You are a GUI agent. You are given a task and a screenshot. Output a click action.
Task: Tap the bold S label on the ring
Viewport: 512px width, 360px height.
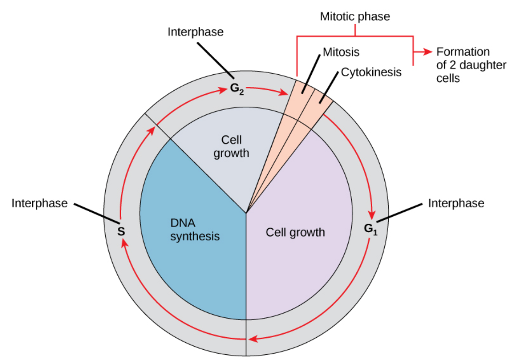click(121, 231)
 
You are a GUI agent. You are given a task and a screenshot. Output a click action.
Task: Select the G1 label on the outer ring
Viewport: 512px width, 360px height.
click(370, 228)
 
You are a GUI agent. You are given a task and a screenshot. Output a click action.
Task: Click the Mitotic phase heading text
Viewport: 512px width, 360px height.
click(355, 17)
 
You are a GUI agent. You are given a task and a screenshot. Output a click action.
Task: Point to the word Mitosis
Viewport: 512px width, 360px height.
click(340, 52)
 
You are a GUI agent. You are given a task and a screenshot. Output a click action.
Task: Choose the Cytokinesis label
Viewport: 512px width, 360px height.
click(371, 72)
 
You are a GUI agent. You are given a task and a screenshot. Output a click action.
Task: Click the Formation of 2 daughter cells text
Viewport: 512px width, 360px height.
click(463, 65)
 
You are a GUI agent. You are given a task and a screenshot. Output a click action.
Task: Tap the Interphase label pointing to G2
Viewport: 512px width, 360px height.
click(196, 32)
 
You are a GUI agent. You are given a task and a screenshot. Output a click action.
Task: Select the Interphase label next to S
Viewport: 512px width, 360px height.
click(40, 203)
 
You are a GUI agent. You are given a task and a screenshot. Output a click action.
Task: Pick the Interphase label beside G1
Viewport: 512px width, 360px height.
click(456, 203)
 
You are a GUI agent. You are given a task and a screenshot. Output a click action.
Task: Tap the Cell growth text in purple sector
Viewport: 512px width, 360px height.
click(295, 233)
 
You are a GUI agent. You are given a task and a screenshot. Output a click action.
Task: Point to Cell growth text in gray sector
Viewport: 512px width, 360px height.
click(231, 146)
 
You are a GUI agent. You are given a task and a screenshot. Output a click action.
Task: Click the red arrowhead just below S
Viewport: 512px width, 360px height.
click(123, 243)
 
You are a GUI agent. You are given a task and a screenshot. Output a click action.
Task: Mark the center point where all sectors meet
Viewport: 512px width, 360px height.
click(246, 212)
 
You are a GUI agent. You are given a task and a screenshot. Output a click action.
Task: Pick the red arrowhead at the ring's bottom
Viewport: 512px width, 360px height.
click(254, 339)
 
